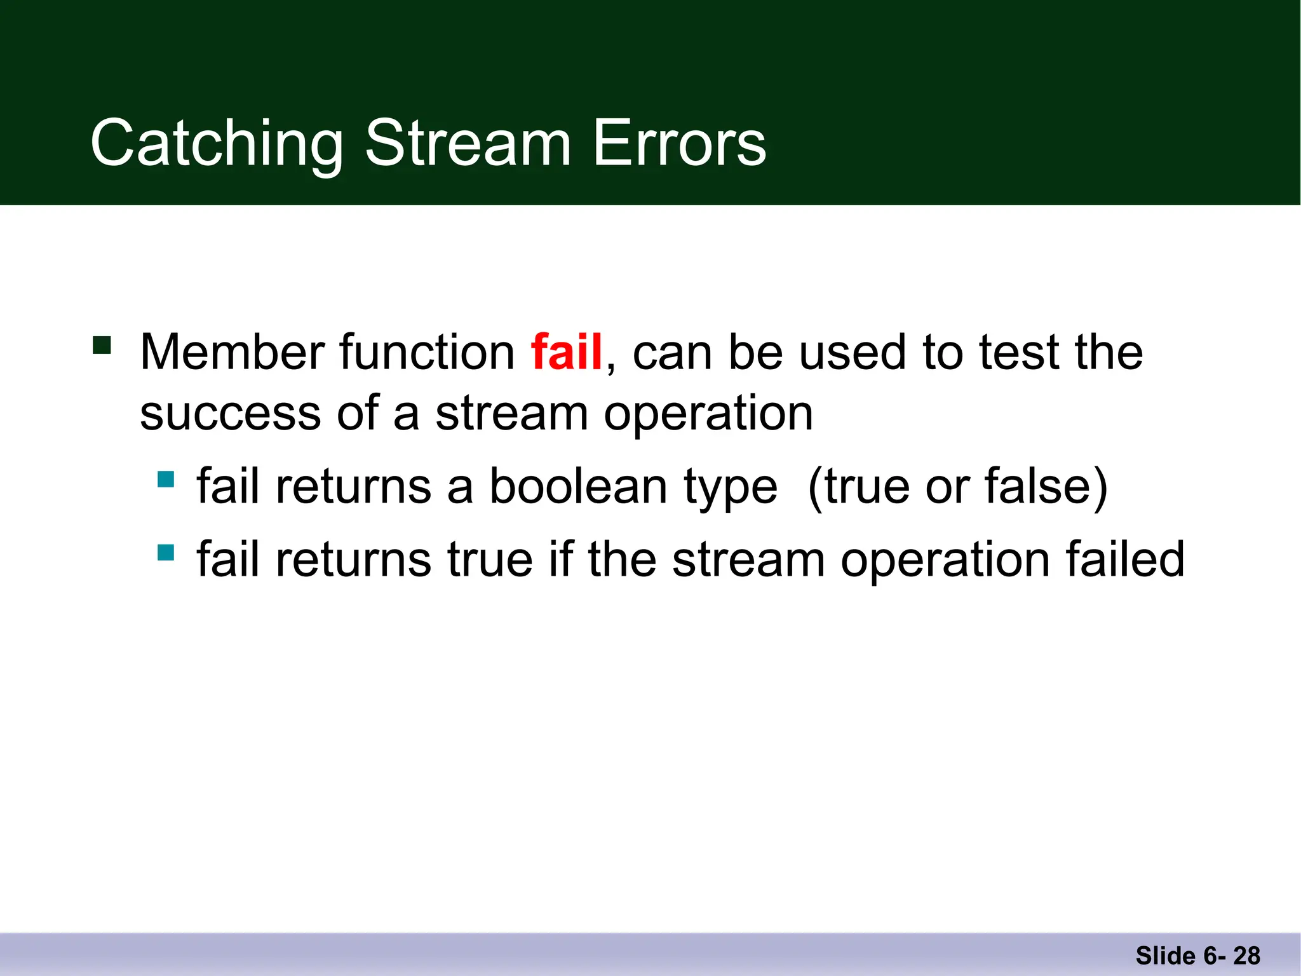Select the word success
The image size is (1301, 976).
230,414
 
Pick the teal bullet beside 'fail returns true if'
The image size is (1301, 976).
166,552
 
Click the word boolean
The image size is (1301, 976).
579,487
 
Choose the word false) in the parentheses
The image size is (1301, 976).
1046,487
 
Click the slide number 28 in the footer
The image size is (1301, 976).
1246,956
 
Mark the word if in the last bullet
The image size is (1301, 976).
560,559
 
